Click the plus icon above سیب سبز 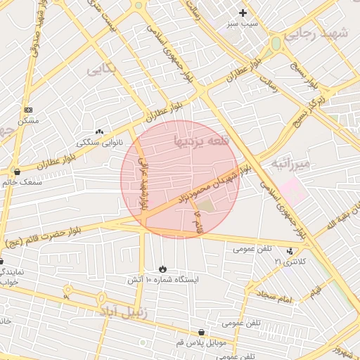(x=243, y=13)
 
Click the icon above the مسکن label (x=28, y=110)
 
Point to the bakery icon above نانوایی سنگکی (x=99, y=131)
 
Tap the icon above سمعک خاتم (x=17, y=172)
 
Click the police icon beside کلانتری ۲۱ (x=290, y=251)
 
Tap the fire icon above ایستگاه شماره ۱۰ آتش (x=163, y=269)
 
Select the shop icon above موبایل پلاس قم (x=202, y=332)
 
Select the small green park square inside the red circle (x=205, y=207)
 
